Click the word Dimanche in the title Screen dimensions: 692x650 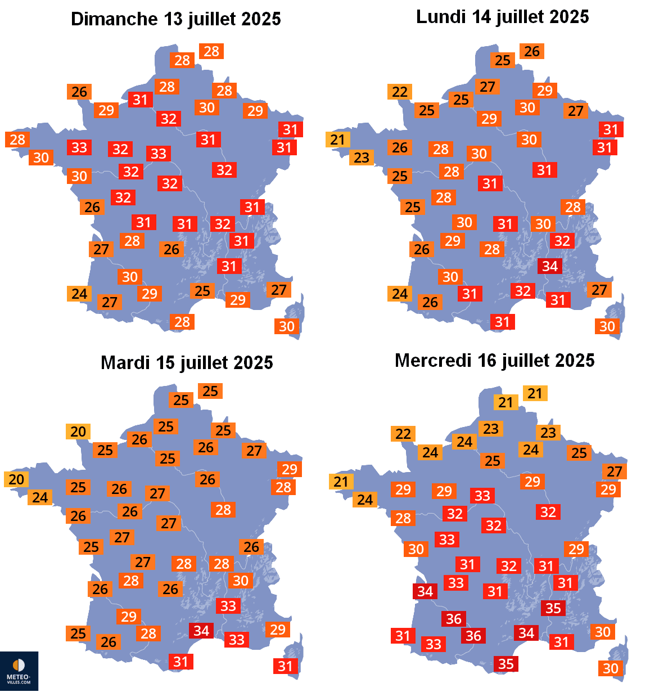click(114, 19)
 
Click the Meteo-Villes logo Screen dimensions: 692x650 click(19, 671)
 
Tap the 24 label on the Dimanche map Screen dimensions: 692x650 click(79, 294)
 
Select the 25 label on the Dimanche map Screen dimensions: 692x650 click(202, 291)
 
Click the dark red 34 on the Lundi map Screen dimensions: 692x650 click(550, 266)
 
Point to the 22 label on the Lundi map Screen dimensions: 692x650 click(400, 92)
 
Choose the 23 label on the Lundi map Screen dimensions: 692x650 click(362, 158)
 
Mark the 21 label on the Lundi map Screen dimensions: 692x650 click(338, 140)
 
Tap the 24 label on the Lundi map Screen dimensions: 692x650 click(400, 294)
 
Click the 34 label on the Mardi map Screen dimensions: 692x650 click(201, 631)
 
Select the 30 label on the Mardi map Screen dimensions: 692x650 click(241, 581)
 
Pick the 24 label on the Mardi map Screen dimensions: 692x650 click(40, 497)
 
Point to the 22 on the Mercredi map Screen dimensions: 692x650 click(403, 434)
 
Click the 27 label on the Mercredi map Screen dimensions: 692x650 click(615, 471)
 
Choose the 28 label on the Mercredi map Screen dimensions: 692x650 click(403, 518)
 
